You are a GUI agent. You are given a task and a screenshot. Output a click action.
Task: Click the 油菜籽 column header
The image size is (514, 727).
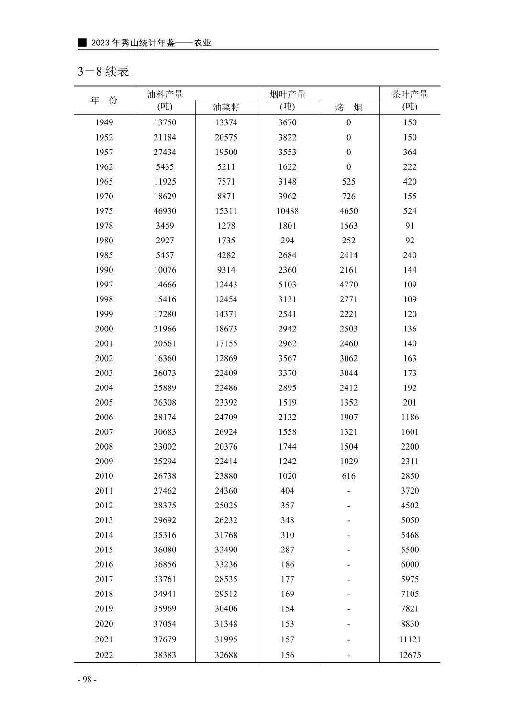[x=226, y=108]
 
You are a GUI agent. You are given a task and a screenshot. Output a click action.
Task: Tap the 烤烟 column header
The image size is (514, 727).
[x=348, y=108]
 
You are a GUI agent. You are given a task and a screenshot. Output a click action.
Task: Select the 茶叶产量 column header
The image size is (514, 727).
[x=410, y=100]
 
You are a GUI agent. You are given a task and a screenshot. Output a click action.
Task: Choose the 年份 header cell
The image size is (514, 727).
[x=104, y=100]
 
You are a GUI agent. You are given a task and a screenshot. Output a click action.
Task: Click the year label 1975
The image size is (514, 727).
[x=104, y=211]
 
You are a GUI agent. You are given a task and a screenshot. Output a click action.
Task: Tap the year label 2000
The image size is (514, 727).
[x=104, y=329]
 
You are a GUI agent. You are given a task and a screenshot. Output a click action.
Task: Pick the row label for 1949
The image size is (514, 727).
[x=104, y=122]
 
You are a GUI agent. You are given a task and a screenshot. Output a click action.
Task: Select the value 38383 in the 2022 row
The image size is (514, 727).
[x=165, y=655]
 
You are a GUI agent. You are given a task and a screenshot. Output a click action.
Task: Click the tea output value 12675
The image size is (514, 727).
[x=410, y=655]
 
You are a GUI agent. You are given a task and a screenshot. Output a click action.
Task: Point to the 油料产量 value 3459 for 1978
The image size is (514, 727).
[x=165, y=226]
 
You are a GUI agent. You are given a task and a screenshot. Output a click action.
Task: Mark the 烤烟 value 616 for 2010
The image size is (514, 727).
[x=348, y=476]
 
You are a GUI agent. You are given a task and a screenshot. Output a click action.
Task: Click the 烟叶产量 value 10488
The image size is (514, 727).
[x=287, y=211]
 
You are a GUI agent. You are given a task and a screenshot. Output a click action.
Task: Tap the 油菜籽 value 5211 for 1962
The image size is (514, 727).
[x=226, y=167]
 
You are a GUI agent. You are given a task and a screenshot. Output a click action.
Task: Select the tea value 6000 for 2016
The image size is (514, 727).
[x=410, y=564]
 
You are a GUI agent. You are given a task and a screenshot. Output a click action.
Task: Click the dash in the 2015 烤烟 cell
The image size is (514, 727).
[x=348, y=550]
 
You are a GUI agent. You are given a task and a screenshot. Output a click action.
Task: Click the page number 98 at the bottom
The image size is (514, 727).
[x=87, y=679]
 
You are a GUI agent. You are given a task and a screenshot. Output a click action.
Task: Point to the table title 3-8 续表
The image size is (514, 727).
[x=103, y=72]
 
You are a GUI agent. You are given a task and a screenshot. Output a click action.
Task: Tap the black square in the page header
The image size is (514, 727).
[x=83, y=43]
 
